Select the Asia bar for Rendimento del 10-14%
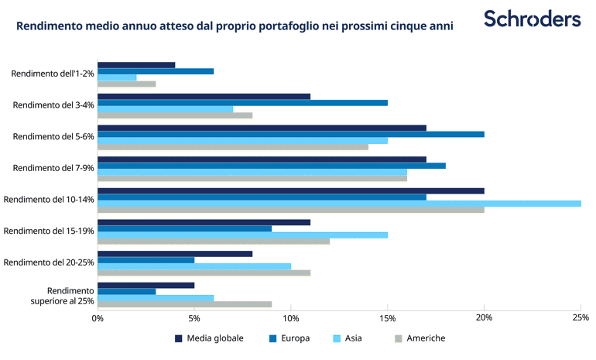339,204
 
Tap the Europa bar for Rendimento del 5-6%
290,134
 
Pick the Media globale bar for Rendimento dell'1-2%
136,65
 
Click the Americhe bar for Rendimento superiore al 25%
184,304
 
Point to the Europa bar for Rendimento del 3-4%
242,103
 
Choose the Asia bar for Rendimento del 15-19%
242,235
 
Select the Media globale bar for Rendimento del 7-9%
262,159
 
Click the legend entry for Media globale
209,338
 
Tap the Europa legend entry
290,338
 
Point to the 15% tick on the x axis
388,317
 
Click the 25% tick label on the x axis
581,317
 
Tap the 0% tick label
98,317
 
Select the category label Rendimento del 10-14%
49,200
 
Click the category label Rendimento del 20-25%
49,262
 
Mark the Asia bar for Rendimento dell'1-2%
117,77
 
